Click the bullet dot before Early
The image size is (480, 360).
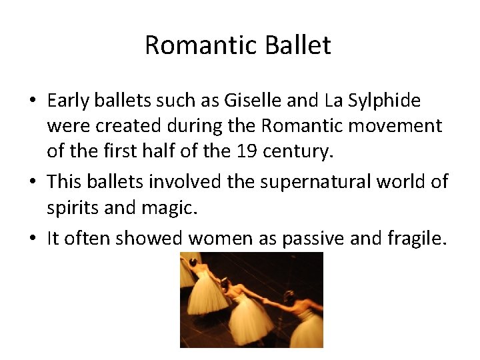click(x=32, y=101)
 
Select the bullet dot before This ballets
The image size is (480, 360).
click(x=32, y=182)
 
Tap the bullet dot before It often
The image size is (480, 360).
click(x=32, y=239)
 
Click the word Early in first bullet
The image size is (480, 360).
click(x=69, y=101)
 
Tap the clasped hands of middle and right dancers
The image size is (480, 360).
click(x=265, y=301)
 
